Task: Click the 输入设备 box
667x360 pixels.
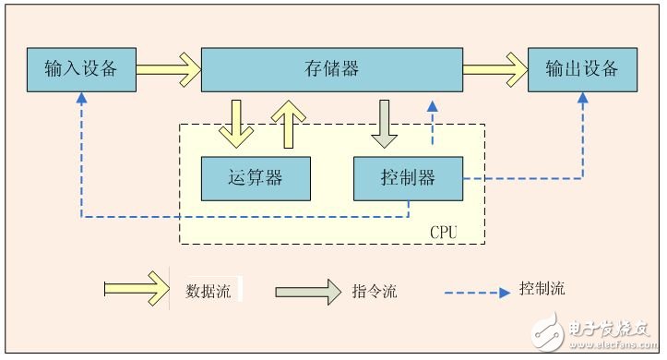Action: (80, 68)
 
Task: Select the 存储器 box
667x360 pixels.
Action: (331, 68)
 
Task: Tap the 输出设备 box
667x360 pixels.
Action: (582, 68)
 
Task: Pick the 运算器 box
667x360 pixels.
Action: (256, 178)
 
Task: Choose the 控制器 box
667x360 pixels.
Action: (408, 178)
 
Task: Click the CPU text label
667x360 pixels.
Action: (443, 232)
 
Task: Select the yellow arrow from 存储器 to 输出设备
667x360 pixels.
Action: (494, 68)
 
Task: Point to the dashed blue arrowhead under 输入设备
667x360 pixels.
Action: (81, 98)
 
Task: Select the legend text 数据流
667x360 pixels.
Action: (208, 292)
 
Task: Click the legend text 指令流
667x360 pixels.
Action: (375, 292)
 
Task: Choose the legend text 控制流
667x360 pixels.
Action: (542, 288)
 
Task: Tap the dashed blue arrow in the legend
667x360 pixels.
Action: (478, 293)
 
